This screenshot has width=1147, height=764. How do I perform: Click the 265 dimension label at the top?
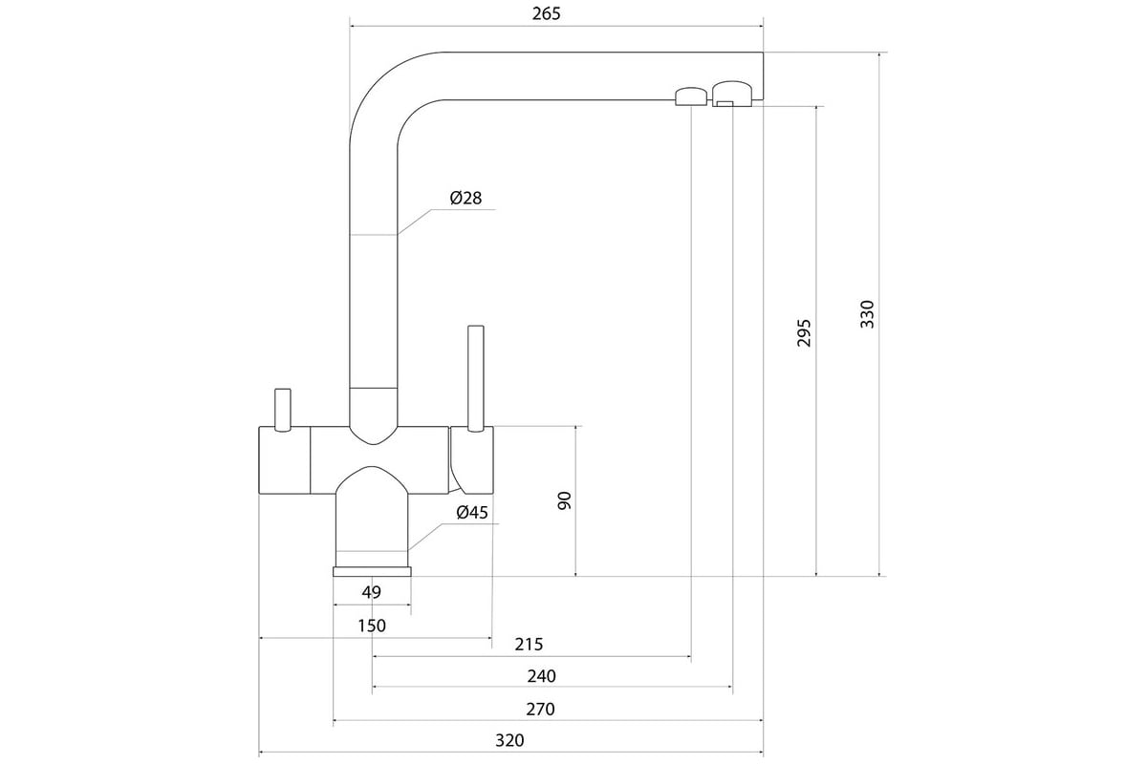pyautogui.click(x=547, y=13)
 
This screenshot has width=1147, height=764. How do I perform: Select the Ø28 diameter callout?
pyautogui.click(x=466, y=198)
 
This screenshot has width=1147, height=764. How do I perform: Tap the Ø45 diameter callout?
pyautogui.click(x=472, y=512)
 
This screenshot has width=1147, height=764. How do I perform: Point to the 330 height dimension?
pyautogui.click(x=867, y=314)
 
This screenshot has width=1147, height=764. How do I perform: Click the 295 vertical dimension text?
pyautogui.click(x=804, y=332)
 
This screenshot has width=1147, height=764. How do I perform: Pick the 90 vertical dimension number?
pyautogui.click(x=564, y=500)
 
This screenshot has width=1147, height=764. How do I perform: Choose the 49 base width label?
pyautogui.click(x=371, y=592)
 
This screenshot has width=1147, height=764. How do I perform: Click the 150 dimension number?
pyautogui.click(x=372, y=626)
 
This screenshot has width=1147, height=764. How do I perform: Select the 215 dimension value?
pyautogui.click(x=529, y=644)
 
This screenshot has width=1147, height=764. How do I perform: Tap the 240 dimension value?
pyautogui.click(x=541, y=676)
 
